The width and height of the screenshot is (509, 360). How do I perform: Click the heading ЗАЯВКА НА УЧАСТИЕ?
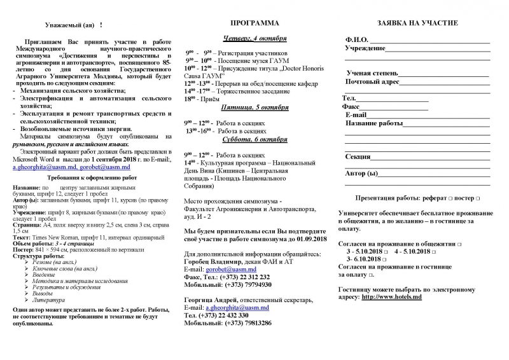click(x=417, y=24)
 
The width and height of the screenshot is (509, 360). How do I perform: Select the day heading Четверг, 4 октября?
click(x=254, y=38)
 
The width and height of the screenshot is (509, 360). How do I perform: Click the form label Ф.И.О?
click(x=356, y=40)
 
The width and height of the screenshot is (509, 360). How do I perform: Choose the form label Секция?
click(x=358, y=156)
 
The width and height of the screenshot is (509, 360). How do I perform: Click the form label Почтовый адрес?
click(x=372, y=82)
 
